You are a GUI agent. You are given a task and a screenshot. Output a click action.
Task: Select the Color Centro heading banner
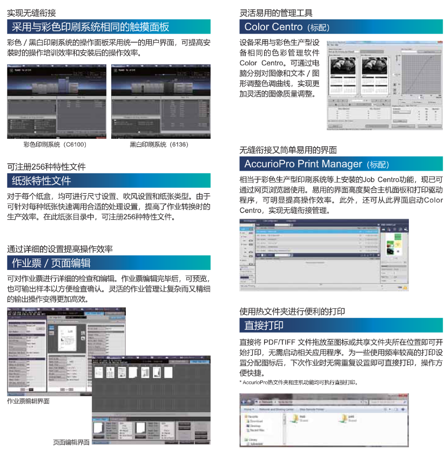point(287,27)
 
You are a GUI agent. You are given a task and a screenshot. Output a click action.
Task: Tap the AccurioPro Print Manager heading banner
point(316,164)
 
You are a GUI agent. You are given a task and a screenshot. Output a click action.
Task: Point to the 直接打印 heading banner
point(264,325)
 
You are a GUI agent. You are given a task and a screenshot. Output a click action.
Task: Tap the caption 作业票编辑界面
point(29,402)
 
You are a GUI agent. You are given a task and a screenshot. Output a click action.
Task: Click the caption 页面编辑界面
point(71,442)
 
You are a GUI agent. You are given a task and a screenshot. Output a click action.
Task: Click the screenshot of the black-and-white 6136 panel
point(160,101)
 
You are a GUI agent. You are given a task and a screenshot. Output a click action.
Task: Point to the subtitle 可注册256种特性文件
point(46,167)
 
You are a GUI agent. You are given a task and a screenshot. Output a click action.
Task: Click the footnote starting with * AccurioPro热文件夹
point(299,382)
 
